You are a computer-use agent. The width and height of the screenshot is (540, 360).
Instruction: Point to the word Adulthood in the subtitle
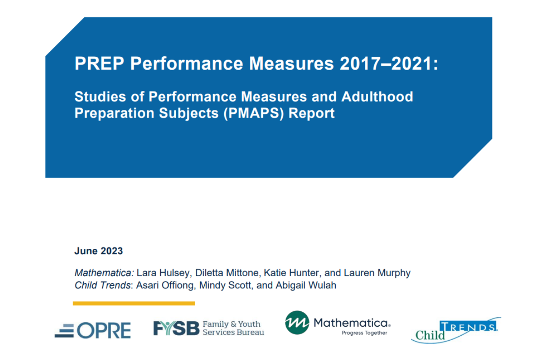tap(377, 96)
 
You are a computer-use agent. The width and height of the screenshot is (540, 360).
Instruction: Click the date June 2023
tap(99, 251)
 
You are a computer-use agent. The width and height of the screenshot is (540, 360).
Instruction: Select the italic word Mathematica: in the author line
tap(104, 273)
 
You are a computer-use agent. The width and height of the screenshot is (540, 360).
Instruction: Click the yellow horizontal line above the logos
tap(134, 303)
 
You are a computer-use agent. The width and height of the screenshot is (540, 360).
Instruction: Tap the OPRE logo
tap(93, 330)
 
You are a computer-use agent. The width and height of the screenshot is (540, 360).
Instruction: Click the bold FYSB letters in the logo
tap(176, 328)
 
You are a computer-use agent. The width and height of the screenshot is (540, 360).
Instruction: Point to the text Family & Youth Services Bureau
tap(233, 328)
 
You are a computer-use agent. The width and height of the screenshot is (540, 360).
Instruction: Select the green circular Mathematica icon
tap(297, 323)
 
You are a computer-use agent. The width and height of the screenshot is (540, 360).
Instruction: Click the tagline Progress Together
tap(364, 333)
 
